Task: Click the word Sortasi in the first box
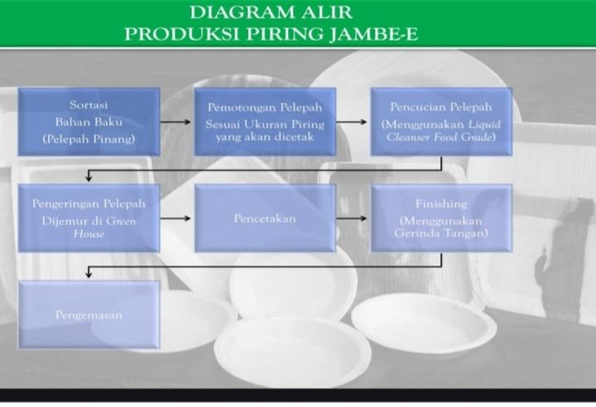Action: click(89, 105)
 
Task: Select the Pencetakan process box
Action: click(265, 218)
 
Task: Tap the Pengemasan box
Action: click(89, 314)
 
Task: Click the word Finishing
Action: click(441, 204)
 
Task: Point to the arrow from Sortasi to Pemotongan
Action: click(175, 122)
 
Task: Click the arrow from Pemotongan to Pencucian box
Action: click(352, 122)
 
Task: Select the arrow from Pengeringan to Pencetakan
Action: click(175, 218)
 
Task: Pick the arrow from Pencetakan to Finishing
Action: click(352, 218)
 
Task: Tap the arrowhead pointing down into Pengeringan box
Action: click(89, 178)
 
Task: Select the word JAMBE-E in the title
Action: click(373, 34)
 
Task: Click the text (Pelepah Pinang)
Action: click(89, 139)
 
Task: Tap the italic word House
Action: click(89, 234)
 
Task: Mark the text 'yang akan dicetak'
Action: click(265, 136)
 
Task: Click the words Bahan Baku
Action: click(89, 122)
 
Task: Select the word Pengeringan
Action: click(67, 204)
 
